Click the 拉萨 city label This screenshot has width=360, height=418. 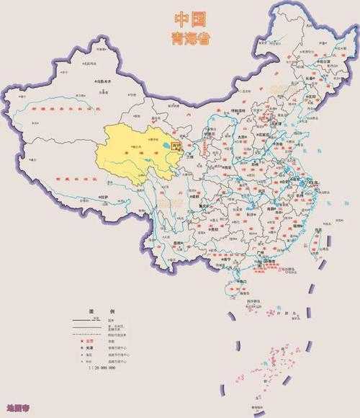106,196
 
